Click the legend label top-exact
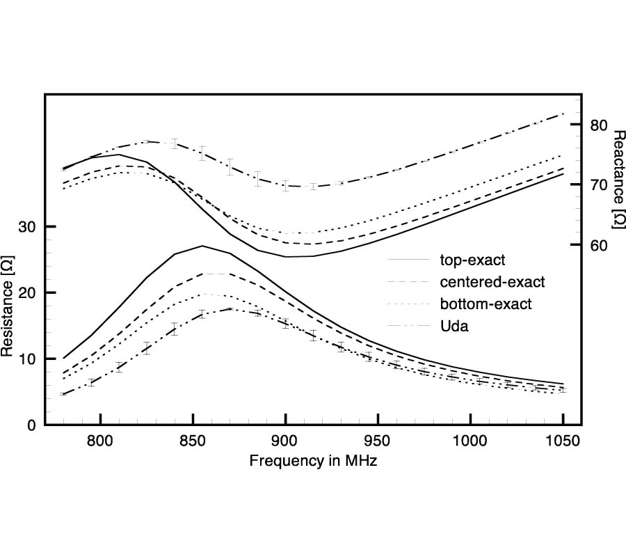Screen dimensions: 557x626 point(472,261)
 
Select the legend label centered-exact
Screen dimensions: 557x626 point(492,282)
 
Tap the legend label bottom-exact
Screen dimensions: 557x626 point(485,304)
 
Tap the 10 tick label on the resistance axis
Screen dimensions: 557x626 point(29,359)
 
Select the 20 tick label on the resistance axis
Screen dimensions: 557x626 point(29,293)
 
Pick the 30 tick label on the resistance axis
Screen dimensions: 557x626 point(29,227)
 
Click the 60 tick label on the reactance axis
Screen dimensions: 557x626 point(600,246)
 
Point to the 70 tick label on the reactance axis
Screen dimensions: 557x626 point(600,185)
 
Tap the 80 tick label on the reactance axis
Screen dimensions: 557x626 point(600,125)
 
